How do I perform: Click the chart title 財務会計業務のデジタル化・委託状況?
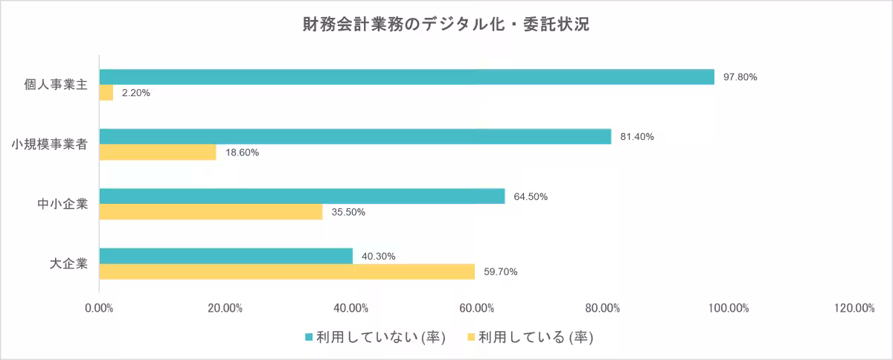click(446, 25)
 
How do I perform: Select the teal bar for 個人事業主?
click(406, 77)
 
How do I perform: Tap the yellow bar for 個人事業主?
click(106, 92)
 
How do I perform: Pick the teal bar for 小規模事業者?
click(355, 137)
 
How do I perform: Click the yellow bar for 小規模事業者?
click(158, 152)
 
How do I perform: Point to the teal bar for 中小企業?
click(302, 196)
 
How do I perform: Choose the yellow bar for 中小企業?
click(211, 212)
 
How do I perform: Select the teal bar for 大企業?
click(225, 256)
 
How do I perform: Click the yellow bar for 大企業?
click(287, 271)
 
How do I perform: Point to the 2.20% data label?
click(136, 93)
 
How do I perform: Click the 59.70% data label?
click(500, 271)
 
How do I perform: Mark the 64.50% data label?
click(531, 196)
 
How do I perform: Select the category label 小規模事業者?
click(50, 144)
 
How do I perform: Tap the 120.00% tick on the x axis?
click(854, 309)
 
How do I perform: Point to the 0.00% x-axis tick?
click(99, 309)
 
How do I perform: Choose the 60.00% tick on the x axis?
click(477, 309)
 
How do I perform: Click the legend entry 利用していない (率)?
click(375, 338)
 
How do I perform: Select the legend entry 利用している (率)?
click(530, 338)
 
